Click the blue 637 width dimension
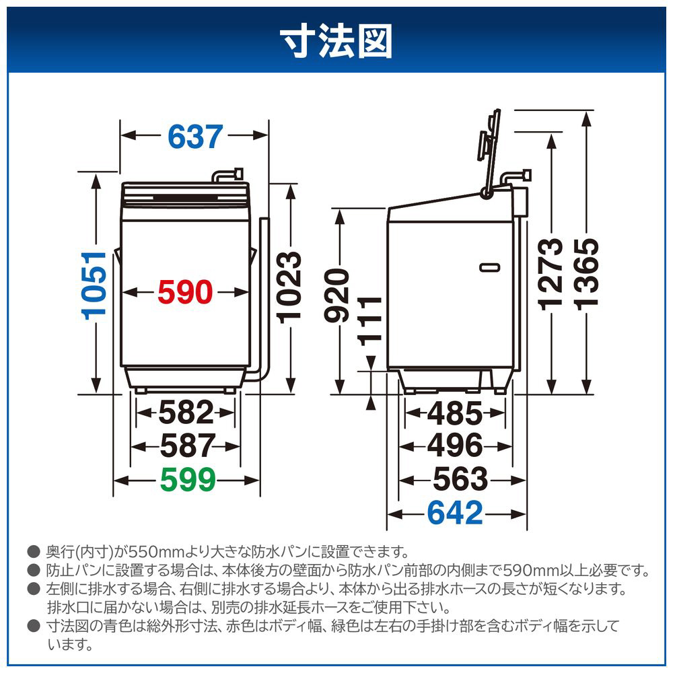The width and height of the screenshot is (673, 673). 195,137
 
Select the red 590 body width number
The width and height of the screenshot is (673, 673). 185,293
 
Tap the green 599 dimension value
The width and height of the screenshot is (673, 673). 188,480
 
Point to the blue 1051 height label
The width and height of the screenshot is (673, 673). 94,285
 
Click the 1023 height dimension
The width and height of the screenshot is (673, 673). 289,287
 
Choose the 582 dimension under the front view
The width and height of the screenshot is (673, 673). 186,413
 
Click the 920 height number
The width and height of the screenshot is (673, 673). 336,295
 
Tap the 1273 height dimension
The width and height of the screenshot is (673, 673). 551,275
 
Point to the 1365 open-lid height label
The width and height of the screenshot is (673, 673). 587,275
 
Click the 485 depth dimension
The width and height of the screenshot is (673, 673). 455,414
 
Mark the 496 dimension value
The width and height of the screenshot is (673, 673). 455,446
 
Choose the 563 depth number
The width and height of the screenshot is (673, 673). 460,479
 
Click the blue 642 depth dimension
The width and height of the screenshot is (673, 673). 455,513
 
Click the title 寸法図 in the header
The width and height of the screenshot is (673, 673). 336,41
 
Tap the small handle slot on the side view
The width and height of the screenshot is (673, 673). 490,268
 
